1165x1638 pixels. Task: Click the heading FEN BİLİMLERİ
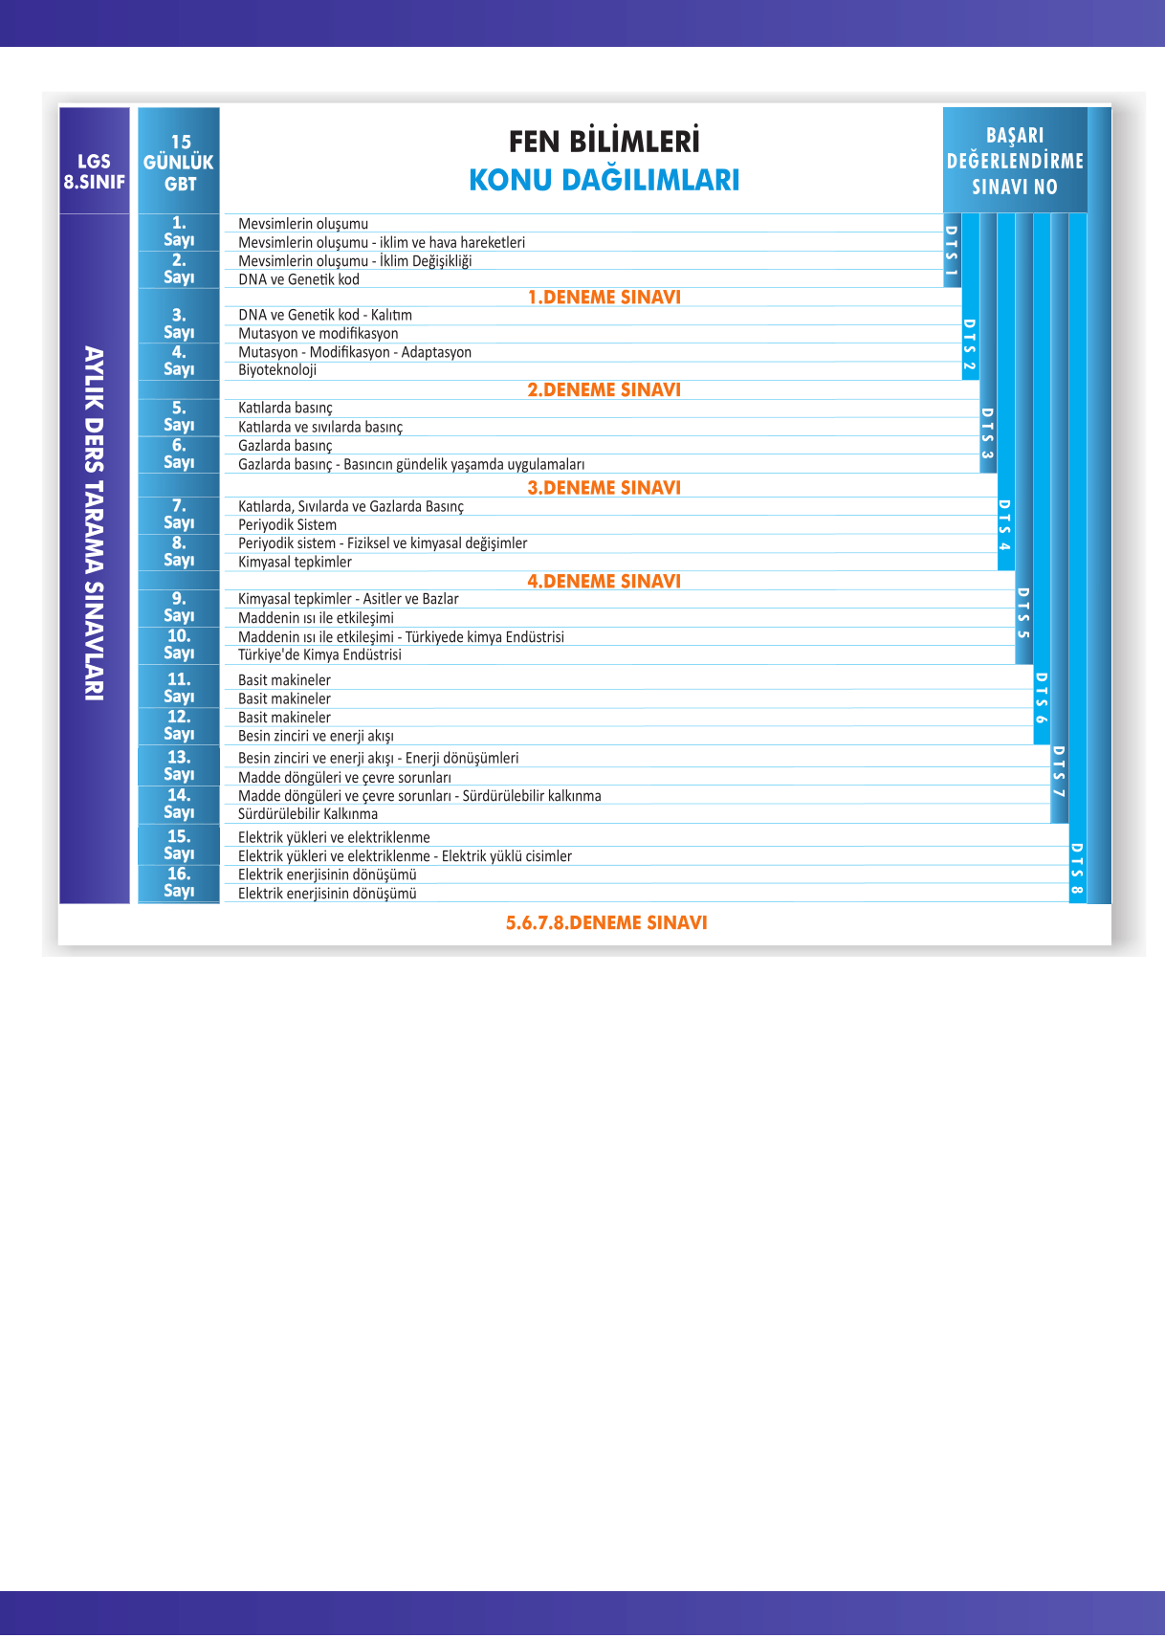[x=604, y=142]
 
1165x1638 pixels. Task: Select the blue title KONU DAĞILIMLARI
[x=604, y=180]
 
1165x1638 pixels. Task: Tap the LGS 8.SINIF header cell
[x=94, y=171]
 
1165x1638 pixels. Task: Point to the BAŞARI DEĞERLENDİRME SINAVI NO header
[x=1015, y=161]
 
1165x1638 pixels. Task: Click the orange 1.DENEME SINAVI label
[x=604, y=298]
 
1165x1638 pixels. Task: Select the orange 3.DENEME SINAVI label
[x=604, y=488]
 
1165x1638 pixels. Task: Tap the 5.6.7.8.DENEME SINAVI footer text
[x=606, y=922]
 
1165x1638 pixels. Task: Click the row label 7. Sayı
[x=179, y=514]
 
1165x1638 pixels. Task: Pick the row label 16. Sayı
[x=179, y=882]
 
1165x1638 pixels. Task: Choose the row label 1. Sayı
[x=179, y=232]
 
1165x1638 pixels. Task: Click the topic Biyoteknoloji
[x=277, y=370]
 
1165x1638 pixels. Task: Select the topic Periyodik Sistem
[x=287, y=525]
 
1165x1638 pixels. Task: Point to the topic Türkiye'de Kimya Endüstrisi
[x=319, y=655]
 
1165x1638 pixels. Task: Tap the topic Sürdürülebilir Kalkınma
[x=308, y=814]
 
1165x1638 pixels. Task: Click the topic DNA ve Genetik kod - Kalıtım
[x=325, y=315]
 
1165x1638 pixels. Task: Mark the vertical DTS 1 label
[x=951, y=251]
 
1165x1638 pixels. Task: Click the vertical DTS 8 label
[x=1077, y=869]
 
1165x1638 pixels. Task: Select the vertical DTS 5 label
[x=1022, y=613]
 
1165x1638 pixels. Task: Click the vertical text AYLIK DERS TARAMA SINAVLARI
[x=94, y=523]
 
